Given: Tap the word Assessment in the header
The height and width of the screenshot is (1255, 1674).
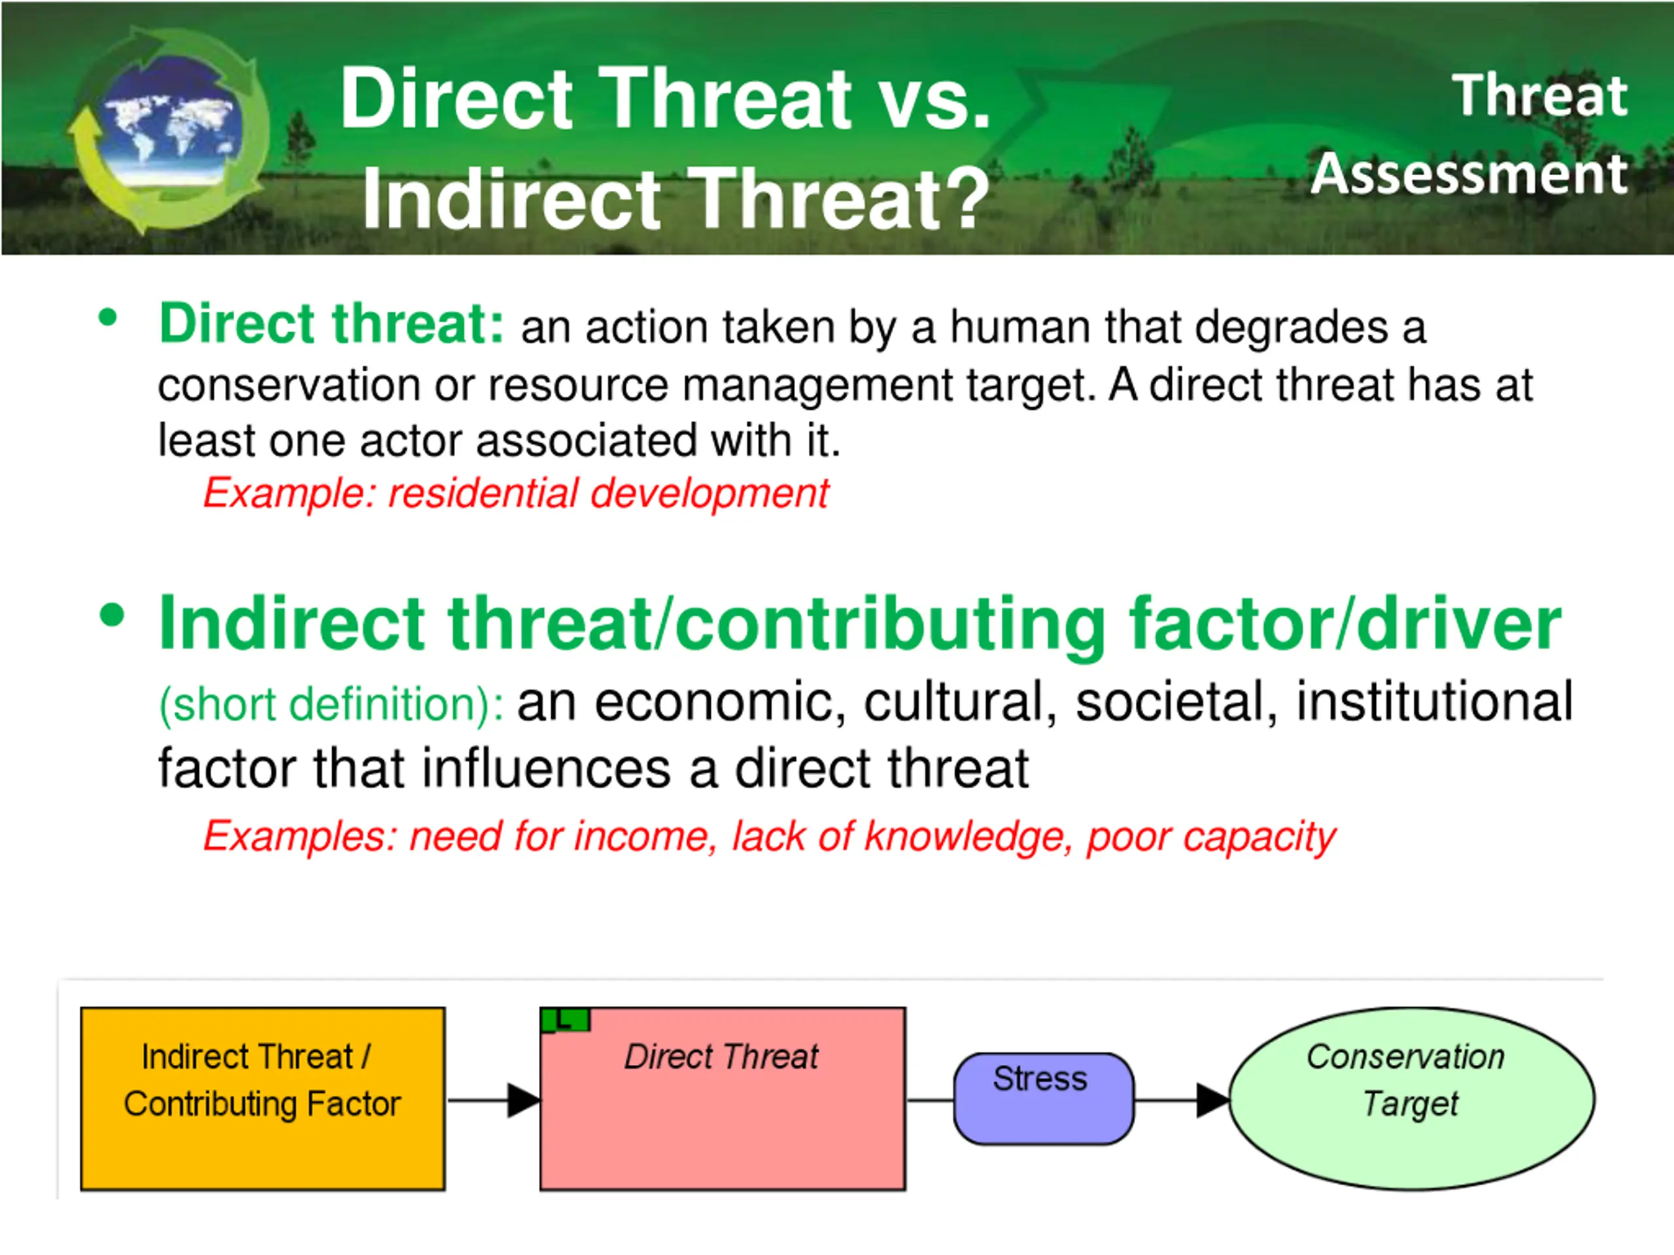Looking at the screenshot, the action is pos(1469,174).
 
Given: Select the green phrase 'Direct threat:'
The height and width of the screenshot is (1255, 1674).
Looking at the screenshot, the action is pos(332,324).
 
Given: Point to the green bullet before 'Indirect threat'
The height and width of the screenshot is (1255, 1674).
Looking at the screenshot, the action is pos(111,615).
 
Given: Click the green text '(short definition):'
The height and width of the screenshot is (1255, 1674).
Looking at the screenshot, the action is pos(332,705).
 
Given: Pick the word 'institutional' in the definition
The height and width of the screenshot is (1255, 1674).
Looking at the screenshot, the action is pos(1435,702).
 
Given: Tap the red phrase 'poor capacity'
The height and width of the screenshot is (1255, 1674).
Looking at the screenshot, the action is pos(1212,838).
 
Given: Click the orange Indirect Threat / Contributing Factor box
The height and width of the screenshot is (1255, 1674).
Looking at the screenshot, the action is pos(263,1098).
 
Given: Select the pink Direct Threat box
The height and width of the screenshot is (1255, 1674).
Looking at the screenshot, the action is pos(723,1098).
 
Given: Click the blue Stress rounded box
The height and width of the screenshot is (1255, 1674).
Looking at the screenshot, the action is pos(1044,1098).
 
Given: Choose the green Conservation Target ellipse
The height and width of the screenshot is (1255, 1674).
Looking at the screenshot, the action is pos(1412,1098).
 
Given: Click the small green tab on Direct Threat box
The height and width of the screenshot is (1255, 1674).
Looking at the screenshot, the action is pos(566,1020).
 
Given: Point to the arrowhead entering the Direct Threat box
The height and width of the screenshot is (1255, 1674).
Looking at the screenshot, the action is pos(524,1100).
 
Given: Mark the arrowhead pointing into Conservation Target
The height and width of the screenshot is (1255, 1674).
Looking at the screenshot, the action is pos(1213,1100).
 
